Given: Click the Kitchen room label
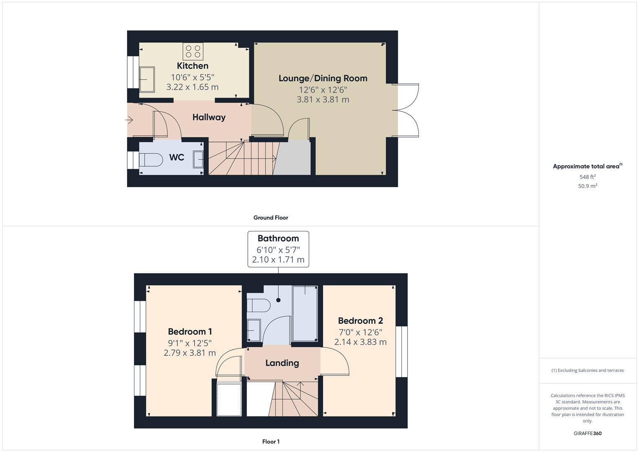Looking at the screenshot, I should coord(192,66).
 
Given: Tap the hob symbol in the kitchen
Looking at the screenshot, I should coord(193,51).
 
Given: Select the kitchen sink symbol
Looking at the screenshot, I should coord(146,79).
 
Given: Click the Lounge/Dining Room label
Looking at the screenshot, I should coord(323,78).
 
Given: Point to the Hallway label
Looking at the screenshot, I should coord(209,117).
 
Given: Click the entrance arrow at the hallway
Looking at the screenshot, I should coord(129,121).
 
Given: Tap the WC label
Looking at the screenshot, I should coord(177,157).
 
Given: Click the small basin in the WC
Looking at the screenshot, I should coord(198,159).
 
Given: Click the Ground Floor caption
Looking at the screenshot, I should coord(271,218).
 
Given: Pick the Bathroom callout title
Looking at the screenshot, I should coord(278,239).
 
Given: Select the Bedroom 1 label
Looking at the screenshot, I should coord(190,332).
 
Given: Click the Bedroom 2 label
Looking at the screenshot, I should coord(360,321).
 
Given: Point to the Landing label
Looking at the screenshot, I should coord(282,363).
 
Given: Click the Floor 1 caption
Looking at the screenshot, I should coord(271,442).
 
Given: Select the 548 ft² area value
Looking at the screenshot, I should coord(588,177).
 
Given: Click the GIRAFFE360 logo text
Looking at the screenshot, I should coord(588,434).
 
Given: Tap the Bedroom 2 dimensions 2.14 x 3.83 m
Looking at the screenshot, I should coord(360,342).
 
